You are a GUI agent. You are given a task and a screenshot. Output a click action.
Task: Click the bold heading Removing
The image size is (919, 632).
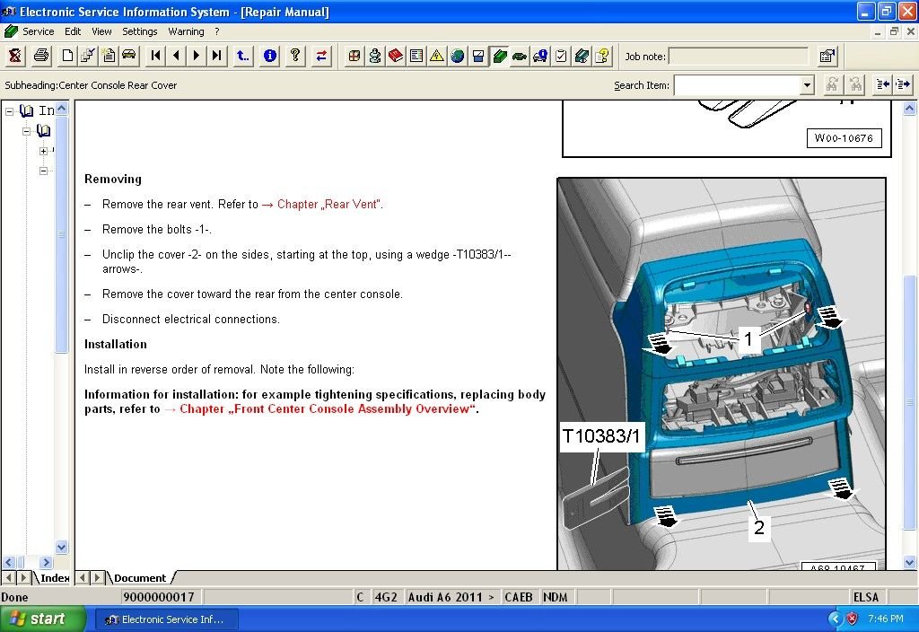[113, 180]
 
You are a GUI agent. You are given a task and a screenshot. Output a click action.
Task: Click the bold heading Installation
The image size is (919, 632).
[116, 345]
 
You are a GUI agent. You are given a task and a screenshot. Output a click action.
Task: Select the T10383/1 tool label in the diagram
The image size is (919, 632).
[602, 437]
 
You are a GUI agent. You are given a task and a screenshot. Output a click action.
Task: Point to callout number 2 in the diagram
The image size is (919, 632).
[758, 527]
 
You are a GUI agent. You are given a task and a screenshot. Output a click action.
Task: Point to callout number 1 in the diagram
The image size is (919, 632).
[748, 339]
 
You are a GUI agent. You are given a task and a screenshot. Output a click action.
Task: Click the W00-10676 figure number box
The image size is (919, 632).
[844, 138]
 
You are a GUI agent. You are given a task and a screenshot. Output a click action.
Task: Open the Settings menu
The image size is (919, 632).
[139, 31]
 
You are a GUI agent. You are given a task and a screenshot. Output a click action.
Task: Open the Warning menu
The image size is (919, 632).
[186, 31]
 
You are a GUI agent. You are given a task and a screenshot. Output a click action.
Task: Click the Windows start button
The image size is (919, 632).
[42, 619]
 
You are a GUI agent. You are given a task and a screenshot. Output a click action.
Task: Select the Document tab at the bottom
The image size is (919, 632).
[140, 578]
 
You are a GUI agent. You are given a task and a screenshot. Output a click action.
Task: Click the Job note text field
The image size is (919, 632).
[738, 57]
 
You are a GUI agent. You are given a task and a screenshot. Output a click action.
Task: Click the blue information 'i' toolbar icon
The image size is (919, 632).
[270, 56]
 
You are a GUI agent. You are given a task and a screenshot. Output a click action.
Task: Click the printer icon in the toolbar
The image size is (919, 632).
[41, 56]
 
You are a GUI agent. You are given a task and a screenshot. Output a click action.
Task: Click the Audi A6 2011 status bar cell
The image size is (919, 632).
[451, 597]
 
